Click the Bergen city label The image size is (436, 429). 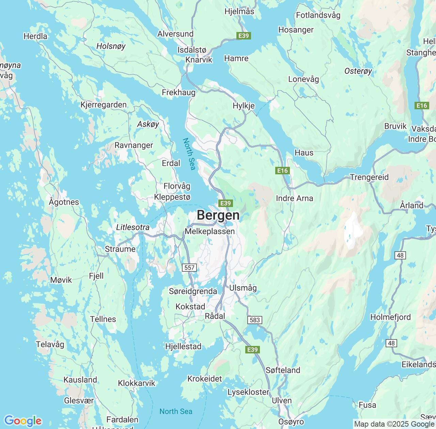point(218,216)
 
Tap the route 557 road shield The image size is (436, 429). point(189,268)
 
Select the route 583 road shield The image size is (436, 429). point(255,320)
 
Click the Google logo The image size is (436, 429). point(23,421)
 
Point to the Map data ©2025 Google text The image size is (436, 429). point(394,424)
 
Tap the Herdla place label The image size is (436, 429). point(35,36)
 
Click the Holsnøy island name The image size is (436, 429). point(111,46)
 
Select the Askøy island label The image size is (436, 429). point(148,124)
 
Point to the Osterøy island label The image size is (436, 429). point(358,71)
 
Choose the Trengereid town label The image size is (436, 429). point(369,177)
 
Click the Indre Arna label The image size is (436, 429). point(294,198)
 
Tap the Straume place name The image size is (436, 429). point(120,249)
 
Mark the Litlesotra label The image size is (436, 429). point(133,227)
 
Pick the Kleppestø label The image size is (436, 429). point(172,197)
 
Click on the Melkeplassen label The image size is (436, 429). point(209,232)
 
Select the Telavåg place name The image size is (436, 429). point(50,345)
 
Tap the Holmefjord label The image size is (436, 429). point(390,317)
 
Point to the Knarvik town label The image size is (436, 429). point(199,60)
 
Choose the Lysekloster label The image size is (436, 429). point(248,392)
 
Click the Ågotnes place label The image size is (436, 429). point(64,202)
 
